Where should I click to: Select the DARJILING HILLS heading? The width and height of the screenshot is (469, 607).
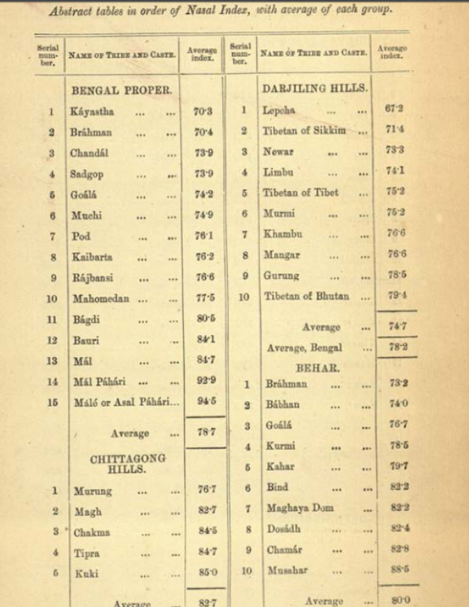pos(314,88)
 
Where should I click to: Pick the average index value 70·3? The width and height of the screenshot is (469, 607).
pos(203,112)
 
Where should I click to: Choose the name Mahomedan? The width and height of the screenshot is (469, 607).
pos(100,300)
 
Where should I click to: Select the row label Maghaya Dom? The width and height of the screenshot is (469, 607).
pos(300,508)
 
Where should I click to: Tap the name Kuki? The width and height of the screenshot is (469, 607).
pos(86,573)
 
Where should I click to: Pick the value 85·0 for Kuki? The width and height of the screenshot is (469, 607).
pos(206,572)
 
